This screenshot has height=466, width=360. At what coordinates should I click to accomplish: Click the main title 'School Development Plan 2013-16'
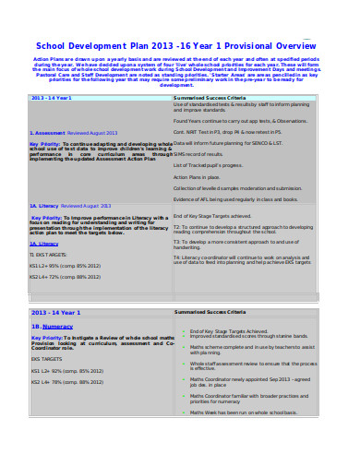point(179,44)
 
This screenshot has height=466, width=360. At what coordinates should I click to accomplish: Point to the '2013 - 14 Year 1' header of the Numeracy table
point(56,313)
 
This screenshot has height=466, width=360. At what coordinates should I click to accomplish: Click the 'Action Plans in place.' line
point(195,178)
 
